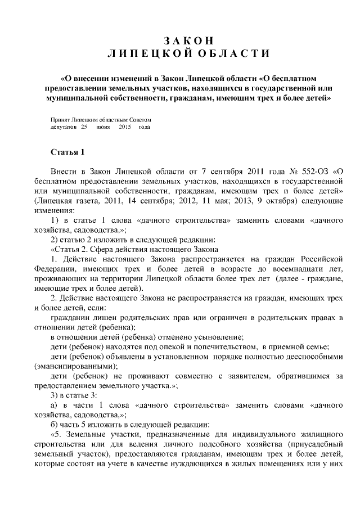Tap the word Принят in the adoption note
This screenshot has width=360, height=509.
pyautogui.click(x=61, y=120)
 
